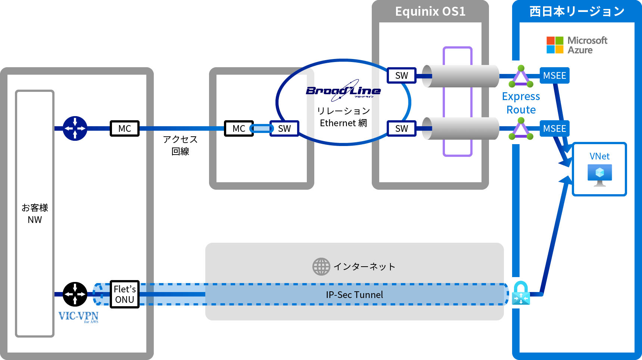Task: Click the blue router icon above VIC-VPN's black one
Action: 75,128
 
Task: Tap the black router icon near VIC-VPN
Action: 75,294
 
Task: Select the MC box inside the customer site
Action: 125,128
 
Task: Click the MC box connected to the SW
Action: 239,128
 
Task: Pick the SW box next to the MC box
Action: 284,128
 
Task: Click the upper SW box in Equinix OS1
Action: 402,75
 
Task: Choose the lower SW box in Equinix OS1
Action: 402,128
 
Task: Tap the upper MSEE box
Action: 555,75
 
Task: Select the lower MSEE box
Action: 555,128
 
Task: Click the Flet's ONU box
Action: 125,294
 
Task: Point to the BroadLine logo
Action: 343,91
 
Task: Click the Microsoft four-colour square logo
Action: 555,45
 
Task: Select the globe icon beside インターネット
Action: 321,267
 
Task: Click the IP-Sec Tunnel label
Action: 355,295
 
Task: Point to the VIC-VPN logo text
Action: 78,316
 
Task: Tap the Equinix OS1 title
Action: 430,12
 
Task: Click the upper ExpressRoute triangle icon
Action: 521,77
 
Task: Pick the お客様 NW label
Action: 35,214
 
